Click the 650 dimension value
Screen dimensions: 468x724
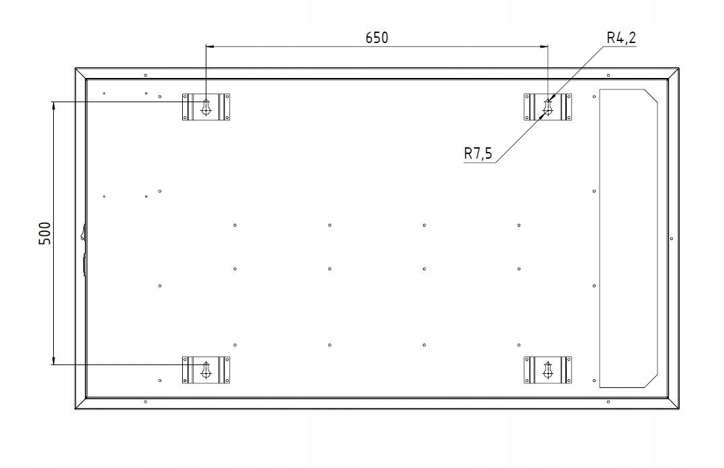click(376, 38)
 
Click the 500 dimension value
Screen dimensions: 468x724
click(45, 233)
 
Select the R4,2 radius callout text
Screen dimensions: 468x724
click(620, 38)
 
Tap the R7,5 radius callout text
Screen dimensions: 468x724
click(478, 154)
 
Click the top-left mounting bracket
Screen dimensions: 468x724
click(206, 107)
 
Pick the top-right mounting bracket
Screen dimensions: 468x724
click(548, 107)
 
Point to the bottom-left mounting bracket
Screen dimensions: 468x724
click(206, 370)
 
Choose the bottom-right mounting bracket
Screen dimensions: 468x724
click(548, 370)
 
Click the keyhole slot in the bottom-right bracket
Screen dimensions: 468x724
click(548, 369)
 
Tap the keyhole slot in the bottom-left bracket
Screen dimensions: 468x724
click(206, 369)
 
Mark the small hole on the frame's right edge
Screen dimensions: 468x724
click(672, 238)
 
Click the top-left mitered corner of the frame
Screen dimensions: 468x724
click(81, 73)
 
